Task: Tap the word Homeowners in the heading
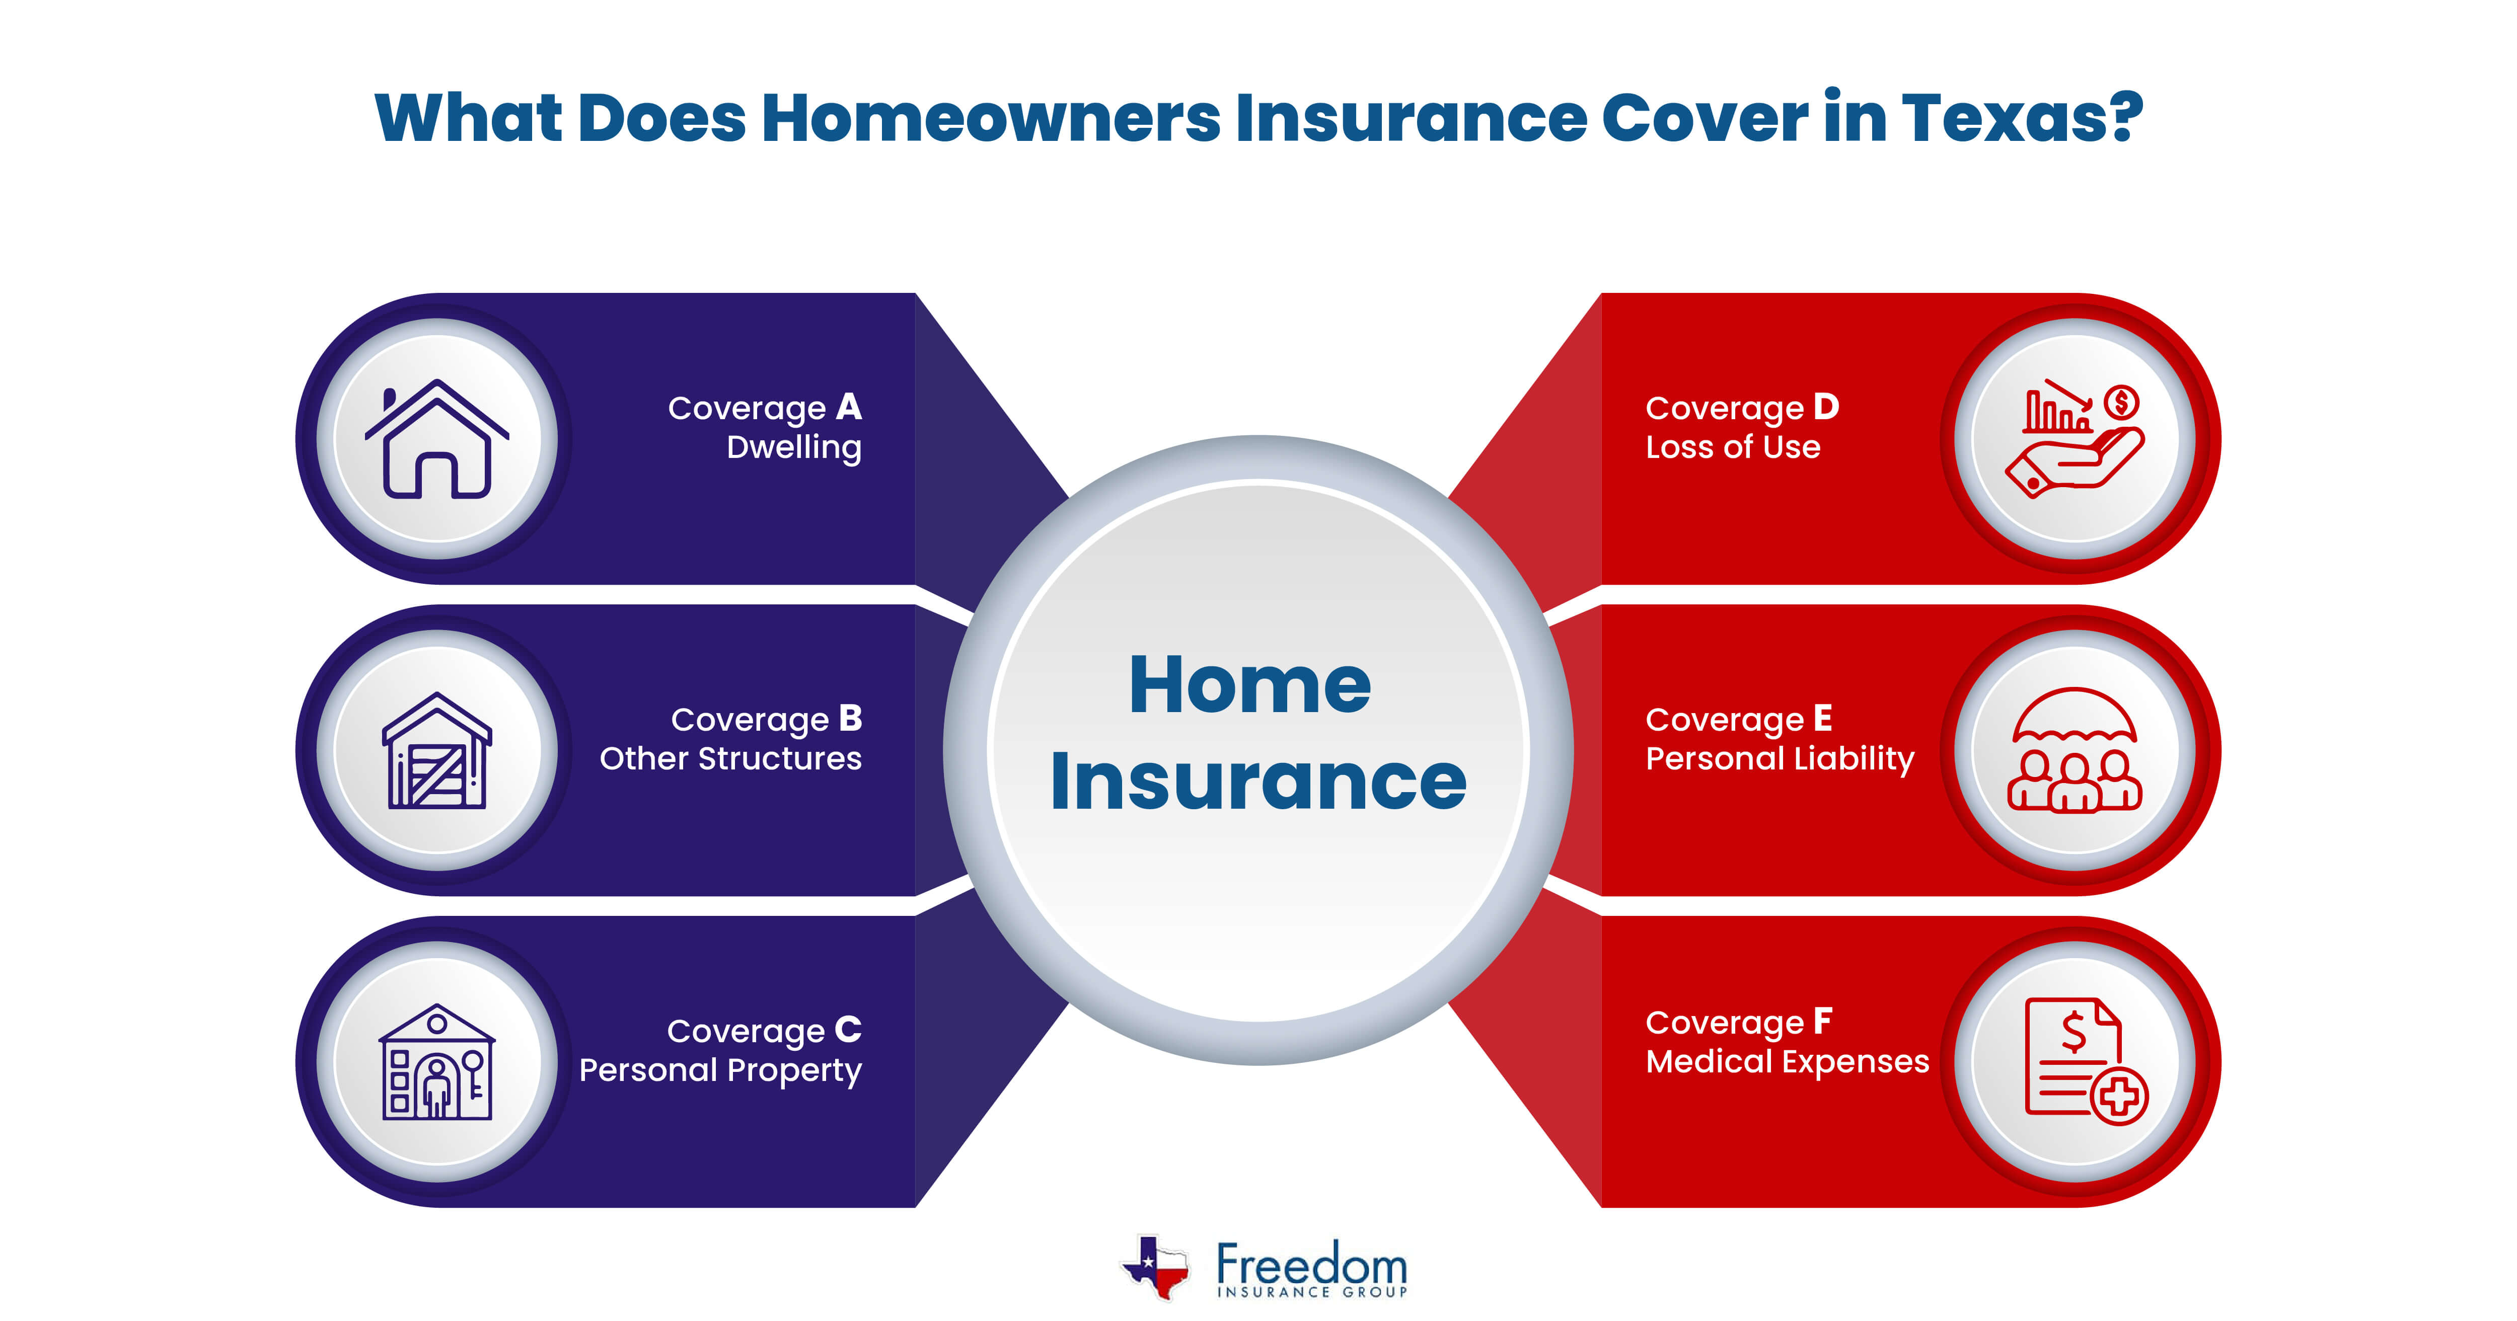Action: tap(990, 118)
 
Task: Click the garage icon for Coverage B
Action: tap(437, 750)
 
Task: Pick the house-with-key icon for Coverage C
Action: tap(437, 1062)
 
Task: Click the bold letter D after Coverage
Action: tap(1826, 407)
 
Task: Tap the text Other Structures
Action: tap(731, 758)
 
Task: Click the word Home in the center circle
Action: tap(1250, 685)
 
